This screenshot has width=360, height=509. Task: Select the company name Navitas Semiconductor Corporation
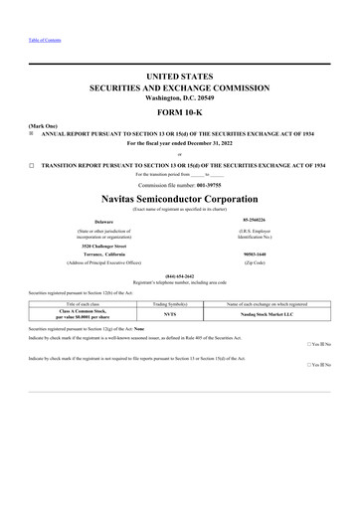pos(180,196)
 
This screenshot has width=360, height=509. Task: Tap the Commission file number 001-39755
pos(179,183)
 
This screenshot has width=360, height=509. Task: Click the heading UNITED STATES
pos(180,77)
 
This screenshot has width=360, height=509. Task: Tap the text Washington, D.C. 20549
pos(180,96)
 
